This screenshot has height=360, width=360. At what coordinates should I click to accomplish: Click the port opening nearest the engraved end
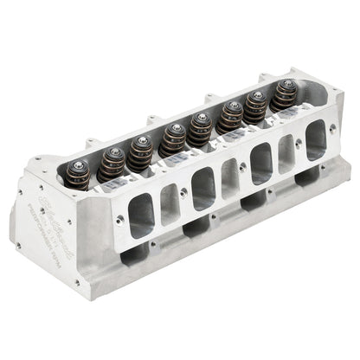[x=138, y=214]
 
